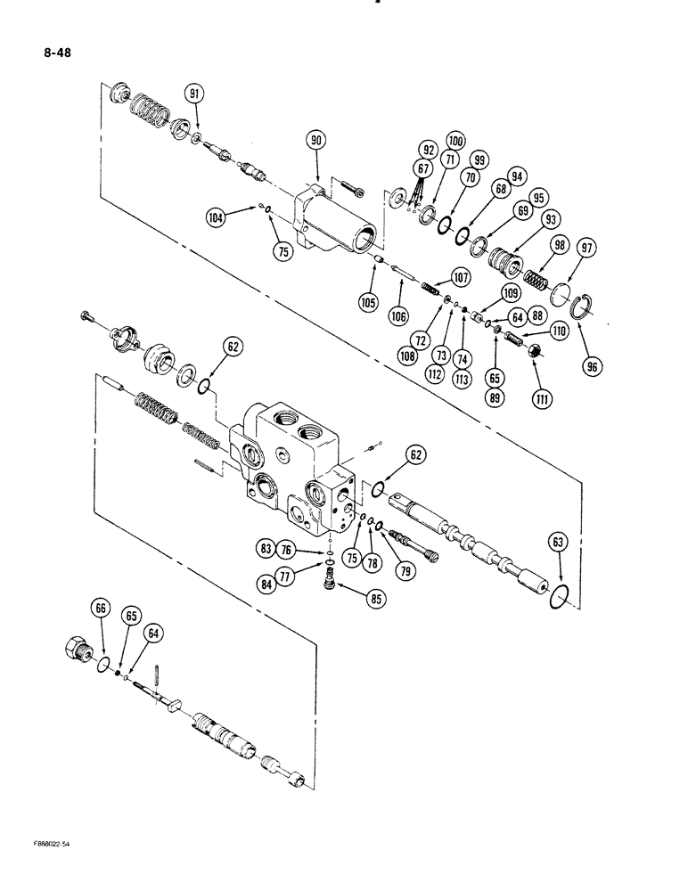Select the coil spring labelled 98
click(x=535, y=282)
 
